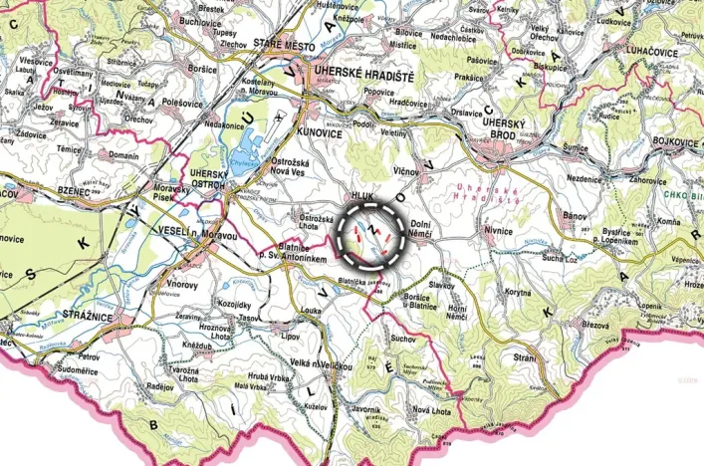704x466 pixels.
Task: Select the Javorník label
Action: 366,409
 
